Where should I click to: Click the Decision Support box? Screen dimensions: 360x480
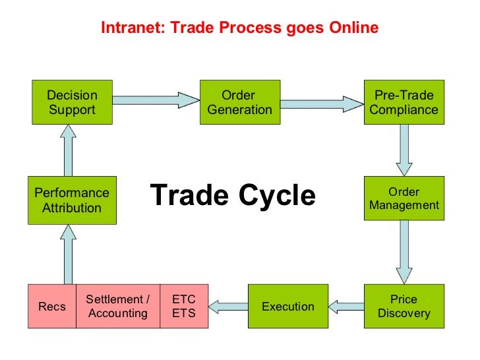coord(73,102)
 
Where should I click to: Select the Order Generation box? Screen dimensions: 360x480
coord(239,102)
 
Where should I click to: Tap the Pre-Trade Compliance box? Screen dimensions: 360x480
coord(404,102)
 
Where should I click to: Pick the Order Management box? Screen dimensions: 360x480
coord(404,198)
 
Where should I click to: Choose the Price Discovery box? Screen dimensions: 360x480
coord(404,306)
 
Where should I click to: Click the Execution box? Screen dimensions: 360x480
coord(287,306)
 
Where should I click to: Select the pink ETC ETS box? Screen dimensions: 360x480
coord(184,306)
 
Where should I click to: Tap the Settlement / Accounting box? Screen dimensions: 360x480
coord(118,306)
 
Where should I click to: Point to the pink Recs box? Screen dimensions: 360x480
coord(52,306)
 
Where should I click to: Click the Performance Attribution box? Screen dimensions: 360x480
coord(73,200)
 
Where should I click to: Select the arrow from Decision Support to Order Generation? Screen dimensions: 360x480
coord(156,100)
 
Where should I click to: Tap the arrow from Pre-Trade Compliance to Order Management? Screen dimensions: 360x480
coord(404,150)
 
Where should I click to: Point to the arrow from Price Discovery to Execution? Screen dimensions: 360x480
coord(345,305)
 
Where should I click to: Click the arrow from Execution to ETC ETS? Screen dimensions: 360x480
coord(227,305)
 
